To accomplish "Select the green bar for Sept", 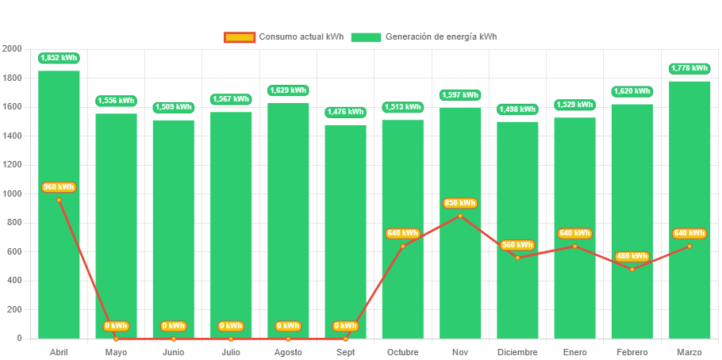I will coord(345,230).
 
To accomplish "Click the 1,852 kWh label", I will coord(59,58).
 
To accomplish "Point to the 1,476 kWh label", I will coord(345,112).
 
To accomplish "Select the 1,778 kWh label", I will coord(689,68).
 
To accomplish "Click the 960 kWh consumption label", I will coord(59,187).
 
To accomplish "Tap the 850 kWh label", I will coord(460,203).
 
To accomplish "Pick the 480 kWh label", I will coord(632,256).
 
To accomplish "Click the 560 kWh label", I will coord(517,244).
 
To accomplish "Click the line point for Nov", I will coord(460,216).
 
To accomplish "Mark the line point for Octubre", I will coord(402,246).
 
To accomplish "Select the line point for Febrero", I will coord(632,270).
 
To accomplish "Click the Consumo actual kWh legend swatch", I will coord(240,37).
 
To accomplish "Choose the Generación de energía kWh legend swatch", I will coord(366,37).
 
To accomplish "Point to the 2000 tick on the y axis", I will coord(12,49).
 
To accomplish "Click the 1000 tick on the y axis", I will coord(12,193).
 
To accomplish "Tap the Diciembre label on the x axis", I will coord(517,352).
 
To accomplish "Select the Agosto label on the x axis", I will coord(287,352).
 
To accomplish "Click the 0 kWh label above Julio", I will coord(230,326).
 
